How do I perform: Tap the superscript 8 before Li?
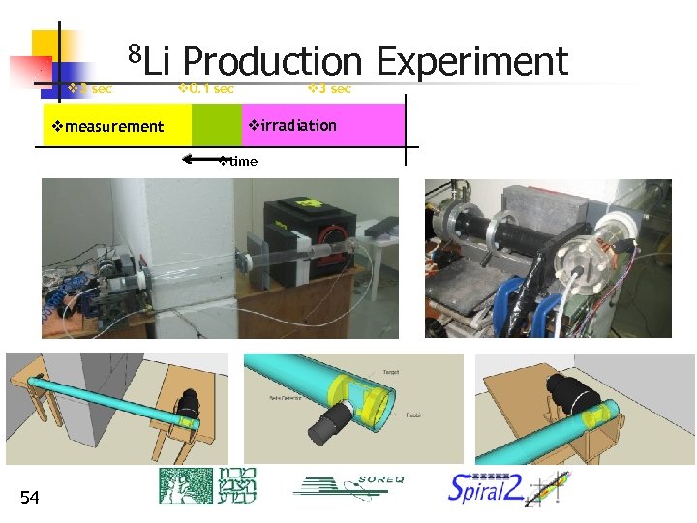136,50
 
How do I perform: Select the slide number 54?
30,498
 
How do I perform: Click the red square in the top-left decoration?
31,70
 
